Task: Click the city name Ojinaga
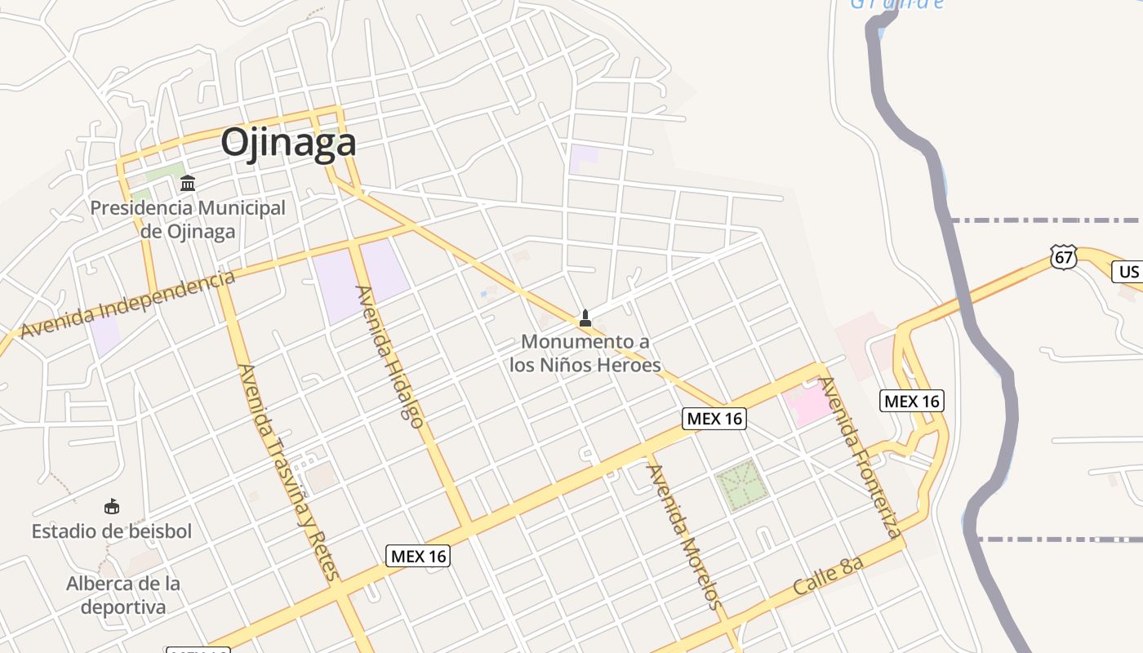coord(288,143)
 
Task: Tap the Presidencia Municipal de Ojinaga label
coord(188,219)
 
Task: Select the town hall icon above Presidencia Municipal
coord(188,183)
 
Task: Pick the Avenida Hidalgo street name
coord(390,357)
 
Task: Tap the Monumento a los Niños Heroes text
coord(585,353)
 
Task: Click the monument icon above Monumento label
coord(585,318)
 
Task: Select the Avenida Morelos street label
coord(684,537)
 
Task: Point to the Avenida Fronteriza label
coord(861,457)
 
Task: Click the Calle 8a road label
coord(828,575)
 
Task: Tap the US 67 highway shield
coord(1064,257)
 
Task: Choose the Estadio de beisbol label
coord(112,531)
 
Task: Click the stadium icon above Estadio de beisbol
coord(112,507)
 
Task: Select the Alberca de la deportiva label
coord(123,595)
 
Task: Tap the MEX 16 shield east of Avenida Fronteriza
coord(912,401)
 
